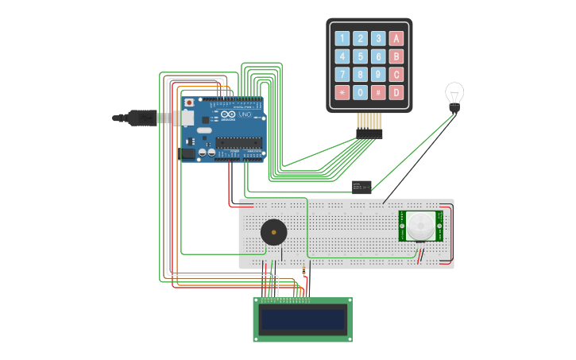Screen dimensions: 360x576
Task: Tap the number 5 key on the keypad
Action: click(360, 56)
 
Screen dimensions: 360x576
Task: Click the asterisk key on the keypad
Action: click(342, 93)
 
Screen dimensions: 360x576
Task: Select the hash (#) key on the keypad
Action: click(378, 93)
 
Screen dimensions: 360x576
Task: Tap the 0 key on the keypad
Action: click(360, 93)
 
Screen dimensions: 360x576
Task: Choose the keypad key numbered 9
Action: click(378, 75)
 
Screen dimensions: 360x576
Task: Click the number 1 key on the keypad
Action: click(342, 38)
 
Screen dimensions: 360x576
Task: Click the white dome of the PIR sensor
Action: click(420, 225)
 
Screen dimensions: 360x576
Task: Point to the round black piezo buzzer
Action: click(274, 233)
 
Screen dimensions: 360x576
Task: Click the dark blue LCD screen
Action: click(303, 320)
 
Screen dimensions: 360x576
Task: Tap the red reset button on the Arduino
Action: click(189, 103)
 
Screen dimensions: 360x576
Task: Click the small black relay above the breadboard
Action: click(361, 187)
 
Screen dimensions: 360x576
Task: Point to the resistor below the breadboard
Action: click(303, 274)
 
